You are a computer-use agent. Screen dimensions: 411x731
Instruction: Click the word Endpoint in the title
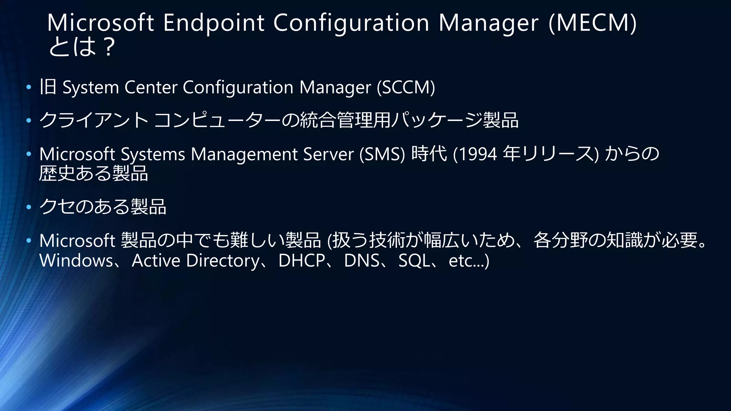(x=213, y=23)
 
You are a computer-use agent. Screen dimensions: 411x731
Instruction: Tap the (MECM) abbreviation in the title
(x=593, y=23)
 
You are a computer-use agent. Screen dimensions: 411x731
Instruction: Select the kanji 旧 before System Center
(x=48, y=87)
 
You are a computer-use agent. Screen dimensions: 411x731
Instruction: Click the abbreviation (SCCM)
(x=406, y=87)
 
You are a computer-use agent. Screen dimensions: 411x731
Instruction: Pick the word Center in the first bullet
(x=151, y=87)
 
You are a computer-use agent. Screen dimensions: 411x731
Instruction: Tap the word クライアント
(x=94, y=120)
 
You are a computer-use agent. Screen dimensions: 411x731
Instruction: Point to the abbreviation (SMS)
(x=382, y=154)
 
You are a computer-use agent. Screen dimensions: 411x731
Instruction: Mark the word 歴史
(x=57, y=173)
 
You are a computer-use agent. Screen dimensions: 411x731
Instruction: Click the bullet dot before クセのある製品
(x=29, y=207)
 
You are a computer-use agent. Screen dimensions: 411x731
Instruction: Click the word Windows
(x=76, y=260)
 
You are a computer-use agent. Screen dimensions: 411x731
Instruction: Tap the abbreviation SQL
(x=414, y=260)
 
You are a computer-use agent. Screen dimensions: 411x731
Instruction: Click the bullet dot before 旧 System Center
(x=29, y=87)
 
